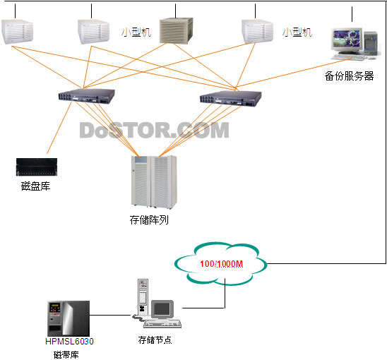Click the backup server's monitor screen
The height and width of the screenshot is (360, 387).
(346, 39)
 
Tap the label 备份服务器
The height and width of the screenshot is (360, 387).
(349, 76)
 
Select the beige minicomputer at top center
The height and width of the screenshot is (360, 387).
(176, 30)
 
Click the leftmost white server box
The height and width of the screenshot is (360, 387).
(17, 32)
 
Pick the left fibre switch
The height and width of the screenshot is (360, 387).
(86, 95)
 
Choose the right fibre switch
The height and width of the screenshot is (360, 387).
(230, 98)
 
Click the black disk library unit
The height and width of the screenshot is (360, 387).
(37, 167)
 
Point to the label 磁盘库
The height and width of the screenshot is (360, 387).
(35, 186)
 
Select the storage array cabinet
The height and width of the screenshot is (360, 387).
(154, 182)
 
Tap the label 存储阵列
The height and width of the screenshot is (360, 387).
(149, 220)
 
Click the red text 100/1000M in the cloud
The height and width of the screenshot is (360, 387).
(221, 264)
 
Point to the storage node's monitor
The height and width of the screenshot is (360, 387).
(162, 309)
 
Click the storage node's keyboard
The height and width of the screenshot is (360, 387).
(162, 323)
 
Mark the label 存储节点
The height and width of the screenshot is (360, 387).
(155, 340)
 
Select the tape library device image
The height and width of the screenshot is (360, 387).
(69, 318)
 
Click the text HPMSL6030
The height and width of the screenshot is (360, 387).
(69, 341)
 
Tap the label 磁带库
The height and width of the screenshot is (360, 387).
(66, 354)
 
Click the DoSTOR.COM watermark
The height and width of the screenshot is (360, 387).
(154, 130)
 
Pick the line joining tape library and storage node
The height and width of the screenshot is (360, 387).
(110, 315)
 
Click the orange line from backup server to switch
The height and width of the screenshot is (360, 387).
(294, 73)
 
